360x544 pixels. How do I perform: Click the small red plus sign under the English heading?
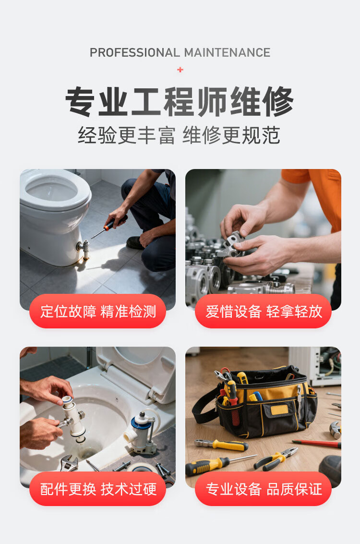tap(180, 70)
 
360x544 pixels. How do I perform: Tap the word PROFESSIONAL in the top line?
tap(134, 53)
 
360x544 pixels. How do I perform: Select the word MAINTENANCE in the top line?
tap(227, 53)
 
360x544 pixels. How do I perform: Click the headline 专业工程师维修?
tap(180, 101)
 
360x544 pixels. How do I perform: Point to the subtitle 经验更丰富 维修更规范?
tap(179, 135)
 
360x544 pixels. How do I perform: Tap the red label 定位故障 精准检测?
tap(98, 311)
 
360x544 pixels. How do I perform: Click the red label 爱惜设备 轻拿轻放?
tap(263, 311)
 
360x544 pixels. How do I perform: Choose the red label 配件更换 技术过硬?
tap(98, 489)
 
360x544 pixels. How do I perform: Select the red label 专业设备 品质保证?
tap(263, 489)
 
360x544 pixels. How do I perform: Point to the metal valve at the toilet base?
tap(84, 247)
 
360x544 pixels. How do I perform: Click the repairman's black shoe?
tap(134, 243)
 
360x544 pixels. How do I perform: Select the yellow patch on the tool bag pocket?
tap(279, 410)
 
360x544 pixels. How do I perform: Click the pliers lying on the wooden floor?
tap(276, 459)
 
